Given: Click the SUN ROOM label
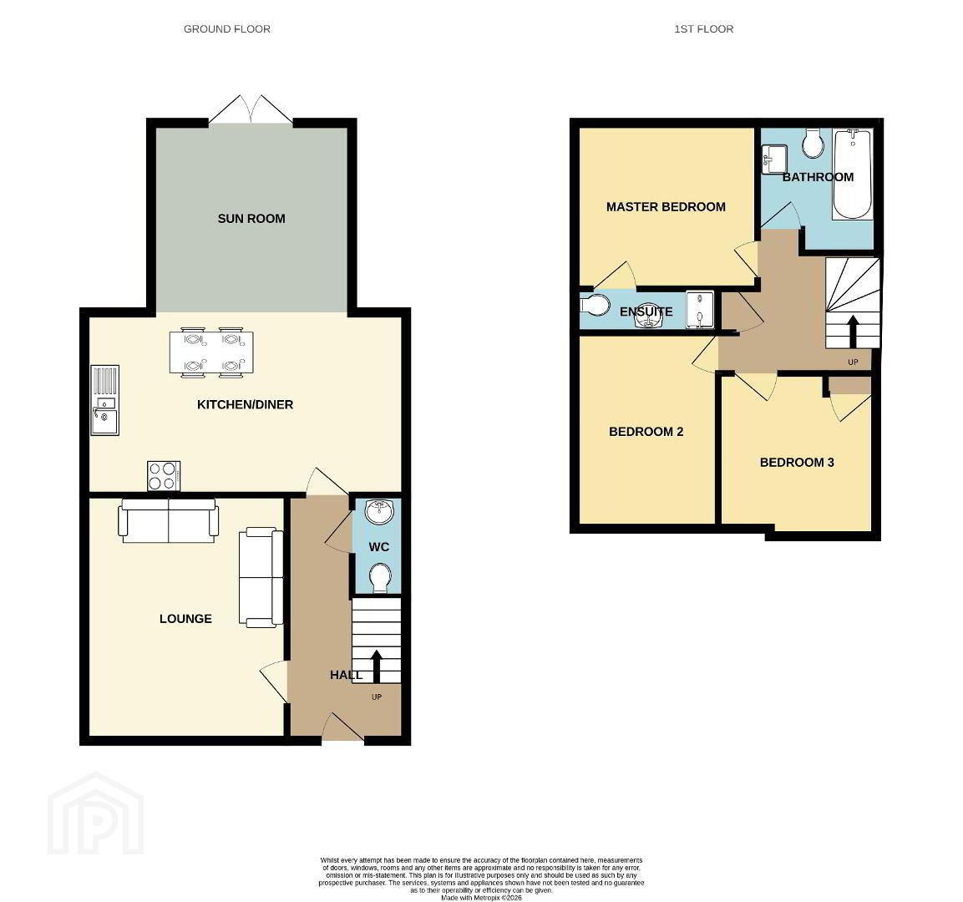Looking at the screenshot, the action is (x=251, y=219).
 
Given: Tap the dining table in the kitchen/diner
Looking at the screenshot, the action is (x=211, y=352).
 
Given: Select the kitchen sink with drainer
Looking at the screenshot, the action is (x=105, y=400).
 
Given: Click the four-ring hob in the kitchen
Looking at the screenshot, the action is (x=164, y=476).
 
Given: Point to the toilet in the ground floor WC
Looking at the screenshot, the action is (x=380, y=579).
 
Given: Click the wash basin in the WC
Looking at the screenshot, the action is (x=380, y=512).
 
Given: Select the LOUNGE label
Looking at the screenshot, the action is (x=185, y=619).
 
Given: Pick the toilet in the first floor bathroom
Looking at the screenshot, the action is (x=813, y=144).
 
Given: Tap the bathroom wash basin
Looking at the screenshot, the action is (x=774, y=159).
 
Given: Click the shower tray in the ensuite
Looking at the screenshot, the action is (x=700, y=310).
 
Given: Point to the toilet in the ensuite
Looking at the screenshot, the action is (x=595, y=305).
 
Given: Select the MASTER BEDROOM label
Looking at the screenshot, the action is (x=666, y=207).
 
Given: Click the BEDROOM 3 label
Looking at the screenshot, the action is (x=797, y=463).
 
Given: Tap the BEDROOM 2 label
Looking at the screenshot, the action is (x=646, y=432).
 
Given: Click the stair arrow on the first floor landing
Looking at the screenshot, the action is (x=853, y=332).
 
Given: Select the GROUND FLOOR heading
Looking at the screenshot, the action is (x=227, y=29).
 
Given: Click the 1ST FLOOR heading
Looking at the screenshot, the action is (x=704, y=29).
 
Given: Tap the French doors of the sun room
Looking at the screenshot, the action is (x=251, y=110).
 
